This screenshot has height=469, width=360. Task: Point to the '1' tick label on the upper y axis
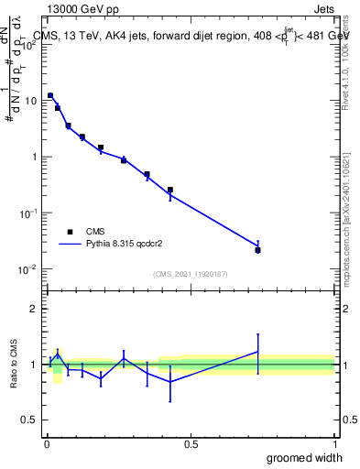click(x=34, y=157)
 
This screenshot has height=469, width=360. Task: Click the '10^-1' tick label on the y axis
click(x=28, y=213)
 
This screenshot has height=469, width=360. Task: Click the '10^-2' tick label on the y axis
click(x=28, y=269)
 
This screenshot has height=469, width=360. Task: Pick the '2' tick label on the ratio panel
click(x=34, y=309)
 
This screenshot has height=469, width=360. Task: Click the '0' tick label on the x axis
click(x=46, y=444)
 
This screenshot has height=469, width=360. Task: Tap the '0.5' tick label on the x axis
click(x=191, y=444)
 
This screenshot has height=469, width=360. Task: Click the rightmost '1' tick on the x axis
click(x=334, y=444)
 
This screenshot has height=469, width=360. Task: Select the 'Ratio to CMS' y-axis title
click(x=14, y=365)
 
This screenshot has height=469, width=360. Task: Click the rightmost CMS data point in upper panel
click(x=258, y=250)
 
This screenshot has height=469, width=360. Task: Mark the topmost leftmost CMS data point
click(x=50, y=95)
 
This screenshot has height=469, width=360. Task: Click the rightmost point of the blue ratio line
click(x=258, y=352)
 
